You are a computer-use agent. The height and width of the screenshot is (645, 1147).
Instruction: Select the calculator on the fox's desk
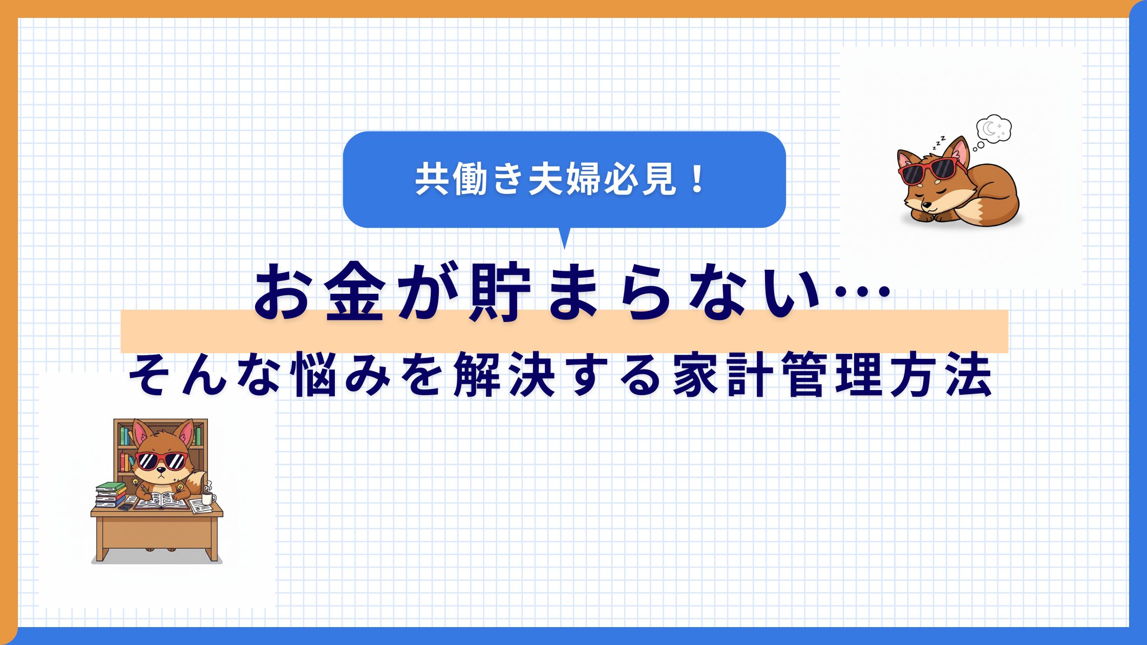coord(125,507)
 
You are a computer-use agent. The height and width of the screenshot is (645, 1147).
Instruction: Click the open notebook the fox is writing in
coord(163,501)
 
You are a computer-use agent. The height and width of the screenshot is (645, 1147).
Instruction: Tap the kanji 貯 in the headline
coord(499,293)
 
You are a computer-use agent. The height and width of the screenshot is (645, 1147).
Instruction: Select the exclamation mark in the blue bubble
coord(697,179)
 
